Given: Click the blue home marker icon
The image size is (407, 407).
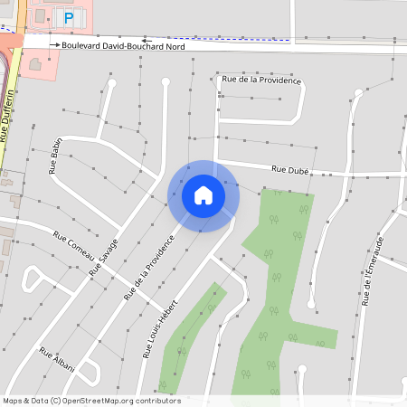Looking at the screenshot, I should click(203, 195).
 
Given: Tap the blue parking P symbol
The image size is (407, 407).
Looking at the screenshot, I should click(67, 18).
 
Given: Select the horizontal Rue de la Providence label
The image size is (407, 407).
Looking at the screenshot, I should click(261, 80).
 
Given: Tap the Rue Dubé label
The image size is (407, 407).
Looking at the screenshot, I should click(290, 169).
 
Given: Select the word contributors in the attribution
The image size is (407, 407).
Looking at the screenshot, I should click(157, 401).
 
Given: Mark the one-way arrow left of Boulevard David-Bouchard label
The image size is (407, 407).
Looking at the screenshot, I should click(54, 44).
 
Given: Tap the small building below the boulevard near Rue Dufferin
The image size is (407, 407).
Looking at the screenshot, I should click(35, 64).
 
